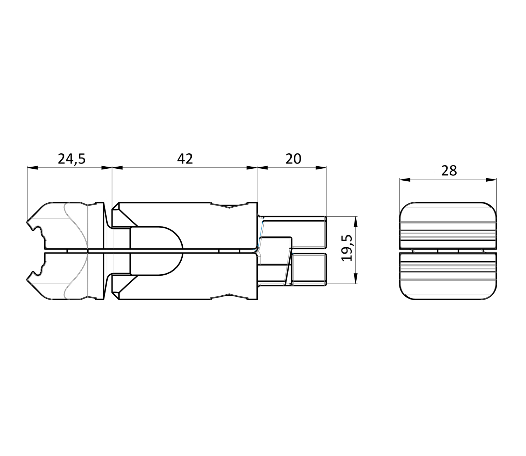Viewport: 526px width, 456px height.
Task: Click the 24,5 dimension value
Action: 72,159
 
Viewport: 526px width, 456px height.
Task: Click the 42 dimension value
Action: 185,159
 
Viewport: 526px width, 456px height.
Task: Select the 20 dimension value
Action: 294,159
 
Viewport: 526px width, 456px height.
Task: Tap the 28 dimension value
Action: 449,171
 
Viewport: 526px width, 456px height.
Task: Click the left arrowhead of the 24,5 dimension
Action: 33,168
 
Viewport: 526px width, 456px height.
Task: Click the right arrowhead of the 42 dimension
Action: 252,168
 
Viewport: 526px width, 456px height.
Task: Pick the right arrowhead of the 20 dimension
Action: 321,168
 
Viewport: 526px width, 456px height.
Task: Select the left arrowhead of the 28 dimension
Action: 405,180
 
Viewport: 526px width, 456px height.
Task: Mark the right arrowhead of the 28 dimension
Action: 491,180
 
